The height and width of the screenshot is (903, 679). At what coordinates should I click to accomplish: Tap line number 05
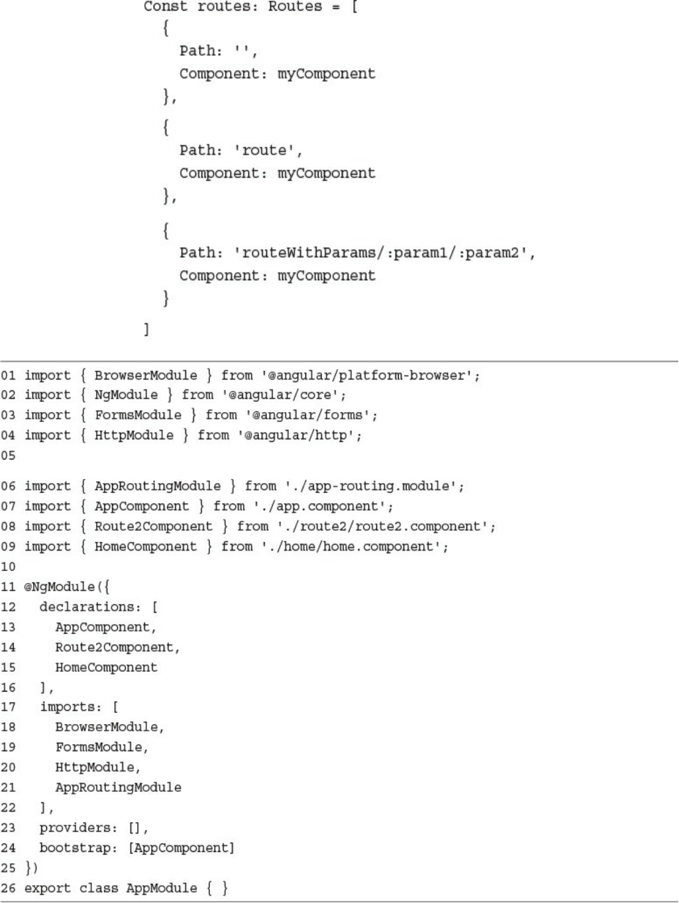click(x=8, y=456)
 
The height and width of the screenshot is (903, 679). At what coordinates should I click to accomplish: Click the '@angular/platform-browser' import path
click(x=370, y=376)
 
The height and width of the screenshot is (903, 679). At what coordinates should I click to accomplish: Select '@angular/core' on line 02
click(x=284, y=396)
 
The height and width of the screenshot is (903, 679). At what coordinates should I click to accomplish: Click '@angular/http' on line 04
click(x=299, y=436)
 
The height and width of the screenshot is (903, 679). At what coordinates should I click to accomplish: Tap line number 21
click(x=8, y=788)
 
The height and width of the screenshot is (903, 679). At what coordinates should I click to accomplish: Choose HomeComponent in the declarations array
click(x=106, y=667)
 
